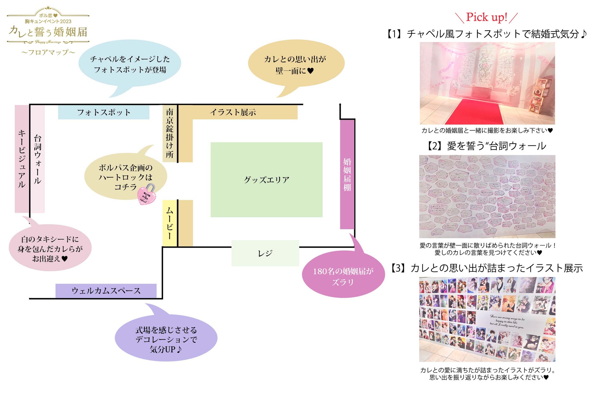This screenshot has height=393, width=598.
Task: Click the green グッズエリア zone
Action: click(x=266, y=180)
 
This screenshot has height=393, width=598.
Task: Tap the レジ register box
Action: click(x=265, y=253)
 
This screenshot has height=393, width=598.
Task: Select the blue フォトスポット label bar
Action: click(x=104, y=112)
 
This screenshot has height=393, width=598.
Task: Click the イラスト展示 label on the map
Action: click(x=233, y=112)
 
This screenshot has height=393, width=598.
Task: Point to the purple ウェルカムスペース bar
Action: click(x=106, y=290)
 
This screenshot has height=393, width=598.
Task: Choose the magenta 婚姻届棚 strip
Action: click(x=347, y=174)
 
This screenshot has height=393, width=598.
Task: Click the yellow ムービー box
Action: click(x=170, y=223)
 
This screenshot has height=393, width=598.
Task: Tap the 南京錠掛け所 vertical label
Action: click(x=170, y=133)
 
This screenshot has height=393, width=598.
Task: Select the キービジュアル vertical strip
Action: click(x=21, y=159)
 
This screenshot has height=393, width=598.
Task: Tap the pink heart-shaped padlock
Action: click(x=146, y=195)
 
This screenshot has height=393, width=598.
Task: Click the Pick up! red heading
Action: click(x=486, y=17)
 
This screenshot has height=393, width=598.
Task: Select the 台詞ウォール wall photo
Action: click(x=487, y=196)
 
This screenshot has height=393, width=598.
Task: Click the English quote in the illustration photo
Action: click(x=507, y=322)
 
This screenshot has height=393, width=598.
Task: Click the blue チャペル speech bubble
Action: click(x=130, y=64)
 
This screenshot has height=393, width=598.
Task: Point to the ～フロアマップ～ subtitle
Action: click(x=48, y=52)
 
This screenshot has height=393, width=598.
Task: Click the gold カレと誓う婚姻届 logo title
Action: click(x=48, y=32)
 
